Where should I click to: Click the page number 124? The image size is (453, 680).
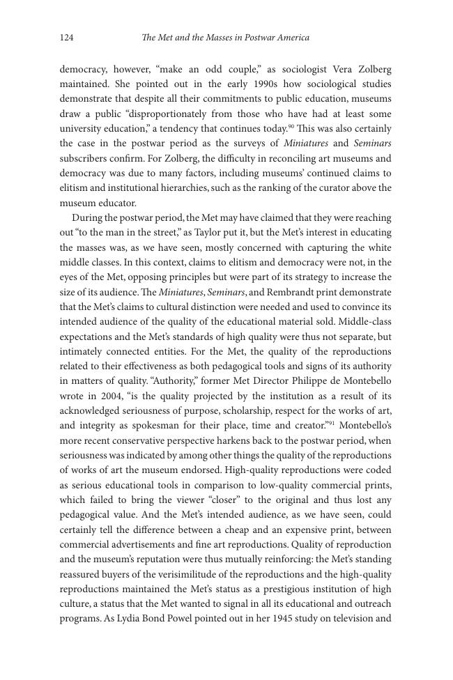pos(67,38)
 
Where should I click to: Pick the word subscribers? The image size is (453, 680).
pos(84,158)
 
